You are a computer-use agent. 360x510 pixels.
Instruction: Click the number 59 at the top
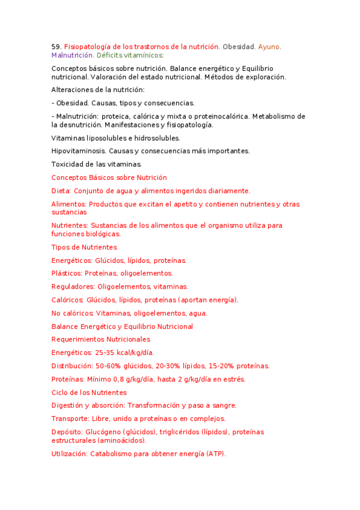coord(56,46)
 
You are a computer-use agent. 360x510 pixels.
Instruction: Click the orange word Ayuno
coord(269,46)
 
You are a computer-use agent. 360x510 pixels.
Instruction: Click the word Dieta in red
coord(61,191)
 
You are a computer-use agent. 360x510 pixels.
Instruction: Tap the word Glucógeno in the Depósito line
coord(105,432)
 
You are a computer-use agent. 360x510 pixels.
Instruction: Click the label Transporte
coord(72,419)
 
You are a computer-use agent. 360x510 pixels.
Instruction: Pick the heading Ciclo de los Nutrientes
coord(89,392)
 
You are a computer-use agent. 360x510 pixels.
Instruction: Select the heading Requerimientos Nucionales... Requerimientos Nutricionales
coord(101,339)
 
